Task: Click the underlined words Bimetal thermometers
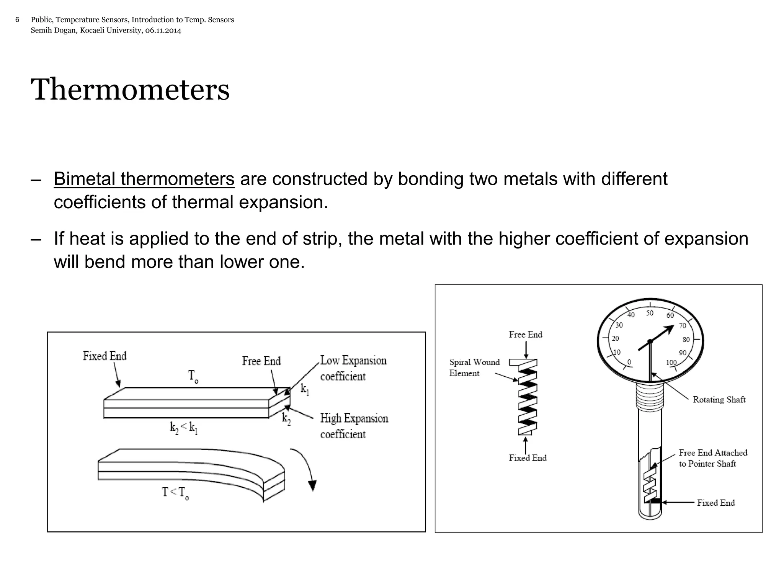tap(144, 179)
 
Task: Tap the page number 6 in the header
tap(17, 20)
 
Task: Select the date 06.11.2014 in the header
tap(163, 30)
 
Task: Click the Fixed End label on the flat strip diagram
tap(105, 356)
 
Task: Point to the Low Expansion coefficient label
tap(353, 368)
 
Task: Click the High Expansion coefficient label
tap(354, 426)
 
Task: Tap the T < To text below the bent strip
tap(175, 492)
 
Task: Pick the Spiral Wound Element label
tap(474, 367)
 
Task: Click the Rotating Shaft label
tap(719, 400)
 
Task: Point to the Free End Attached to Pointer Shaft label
tap(712, 458)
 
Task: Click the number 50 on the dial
tap(650, 313)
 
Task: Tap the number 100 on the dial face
tap(671, 363)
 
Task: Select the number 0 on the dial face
tap(629, 362)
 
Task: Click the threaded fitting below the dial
tap(650, 397)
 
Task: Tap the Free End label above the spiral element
tap(525, 335)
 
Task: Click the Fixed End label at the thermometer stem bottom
tap(715, 503)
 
